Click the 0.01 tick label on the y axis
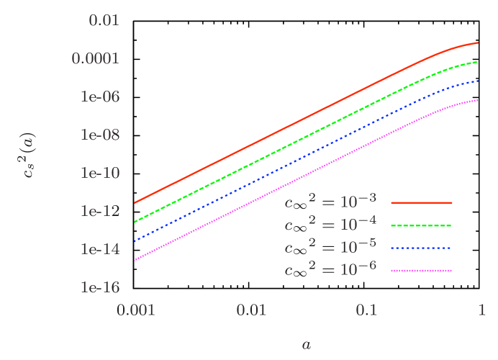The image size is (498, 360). click(x=103, y=20)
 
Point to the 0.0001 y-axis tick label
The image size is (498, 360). click(x=94, y=58)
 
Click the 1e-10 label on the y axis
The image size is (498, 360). click(x=99, y=173)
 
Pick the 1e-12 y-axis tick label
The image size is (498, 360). click(x=99, y=211)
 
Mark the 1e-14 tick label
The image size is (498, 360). click(x=99, y=249)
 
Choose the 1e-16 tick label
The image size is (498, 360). click(x=99, y=287)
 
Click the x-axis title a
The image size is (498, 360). click(x=307, y=345)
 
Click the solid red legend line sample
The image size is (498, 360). click(x=421, y=203)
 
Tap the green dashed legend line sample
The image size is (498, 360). click(x=421, y=225)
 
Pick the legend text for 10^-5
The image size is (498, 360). click(x=330, y=248)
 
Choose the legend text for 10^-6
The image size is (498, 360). click(x=330, y=270)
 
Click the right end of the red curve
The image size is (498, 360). click(x=479, y=43)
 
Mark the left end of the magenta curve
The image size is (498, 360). click(x=135, y=260)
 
